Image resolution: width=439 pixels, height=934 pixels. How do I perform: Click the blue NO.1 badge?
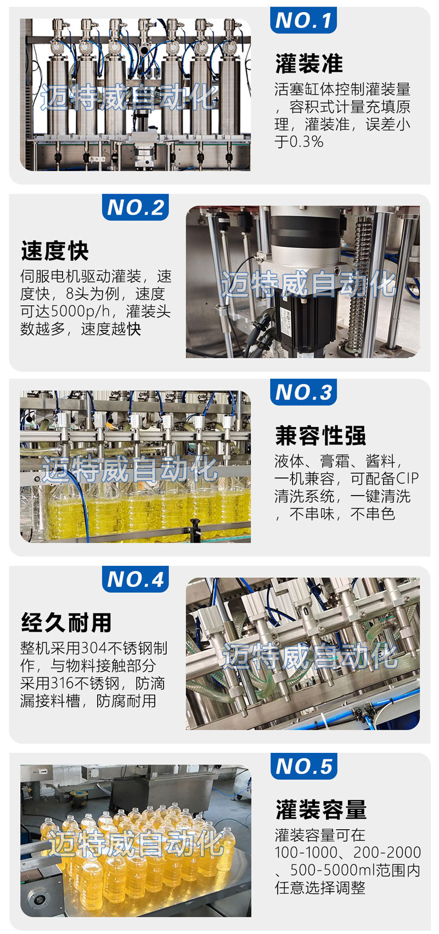[303, 20]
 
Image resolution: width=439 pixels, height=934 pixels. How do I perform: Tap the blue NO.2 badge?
[136, 207]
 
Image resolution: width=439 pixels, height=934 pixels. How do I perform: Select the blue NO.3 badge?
[303, 392]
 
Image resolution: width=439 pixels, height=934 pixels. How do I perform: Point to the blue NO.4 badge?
[136, 579]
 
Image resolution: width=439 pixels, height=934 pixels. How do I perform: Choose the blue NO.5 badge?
[303, 767]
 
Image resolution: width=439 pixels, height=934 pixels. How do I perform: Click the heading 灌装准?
[309, 64]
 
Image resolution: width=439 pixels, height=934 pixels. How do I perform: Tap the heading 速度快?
[55, 251]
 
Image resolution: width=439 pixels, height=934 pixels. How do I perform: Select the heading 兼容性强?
[320, 436]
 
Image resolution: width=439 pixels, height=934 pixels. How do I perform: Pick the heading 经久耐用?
[66, 623]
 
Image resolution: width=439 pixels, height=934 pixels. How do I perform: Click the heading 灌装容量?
[320, 810]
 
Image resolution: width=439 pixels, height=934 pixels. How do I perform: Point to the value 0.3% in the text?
[306, 142]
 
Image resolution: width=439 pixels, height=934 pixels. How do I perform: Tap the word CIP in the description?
[407, 479]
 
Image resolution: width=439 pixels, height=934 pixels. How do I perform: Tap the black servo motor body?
[301, 321]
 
